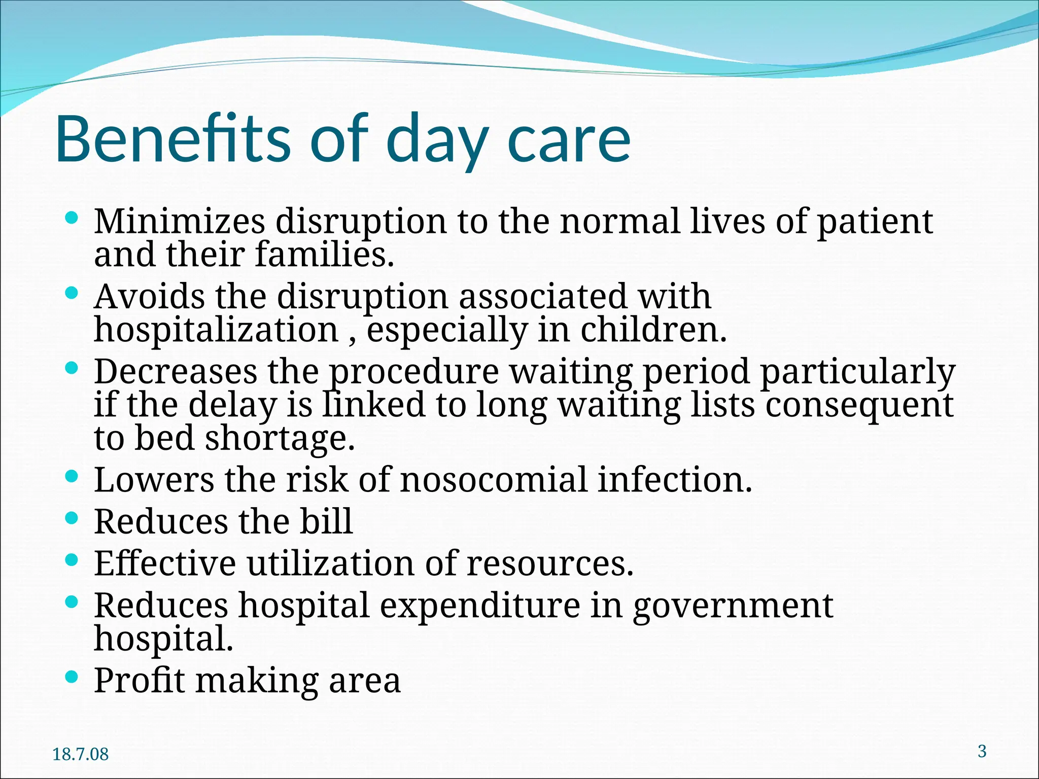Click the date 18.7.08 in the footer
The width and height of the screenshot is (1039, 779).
pyautogui.click(x=80, y=754)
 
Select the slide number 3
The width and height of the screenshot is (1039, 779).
pyautogui.click(x=982, y=751)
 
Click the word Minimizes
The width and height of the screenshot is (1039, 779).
pyautogui.click(x=179, y=222)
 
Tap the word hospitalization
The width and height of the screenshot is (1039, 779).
pyautogui.click(x=216, y=330)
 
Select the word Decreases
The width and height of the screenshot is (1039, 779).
pyautogui.click(x=176, y=371)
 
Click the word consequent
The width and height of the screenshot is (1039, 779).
pyautogui.click(x=859, y=405)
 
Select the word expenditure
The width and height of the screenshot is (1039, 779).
pyautogui.click(x=479, y=606)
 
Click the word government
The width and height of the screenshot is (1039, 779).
pyautogui.click(x=733, y=607)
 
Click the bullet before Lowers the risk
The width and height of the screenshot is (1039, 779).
pyautogui.click(x=72, y=477)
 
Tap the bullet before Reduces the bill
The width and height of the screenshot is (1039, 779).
pyautogui.click(x=72, y=518)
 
